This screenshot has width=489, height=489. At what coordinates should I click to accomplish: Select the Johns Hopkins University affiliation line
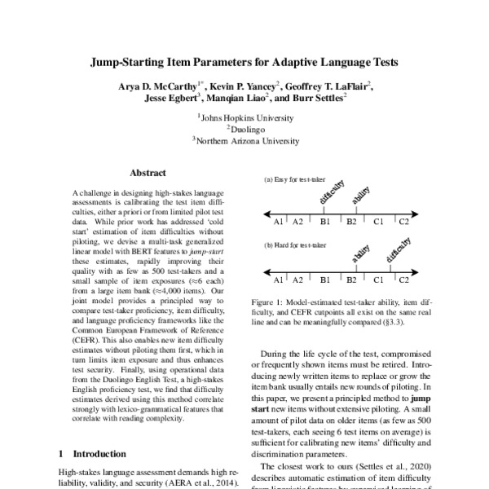[245, 117]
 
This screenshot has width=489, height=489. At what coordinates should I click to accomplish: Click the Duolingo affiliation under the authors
[245, 129]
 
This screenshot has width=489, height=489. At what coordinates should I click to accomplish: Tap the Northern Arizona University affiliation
[245, 139]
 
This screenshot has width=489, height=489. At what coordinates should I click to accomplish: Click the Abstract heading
[148, 173]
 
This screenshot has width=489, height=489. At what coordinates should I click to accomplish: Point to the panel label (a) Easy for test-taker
[295, 178]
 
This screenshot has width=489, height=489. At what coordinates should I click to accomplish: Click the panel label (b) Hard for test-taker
[295, 244]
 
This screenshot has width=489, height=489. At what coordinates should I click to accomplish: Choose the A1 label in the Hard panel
[279, 280]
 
